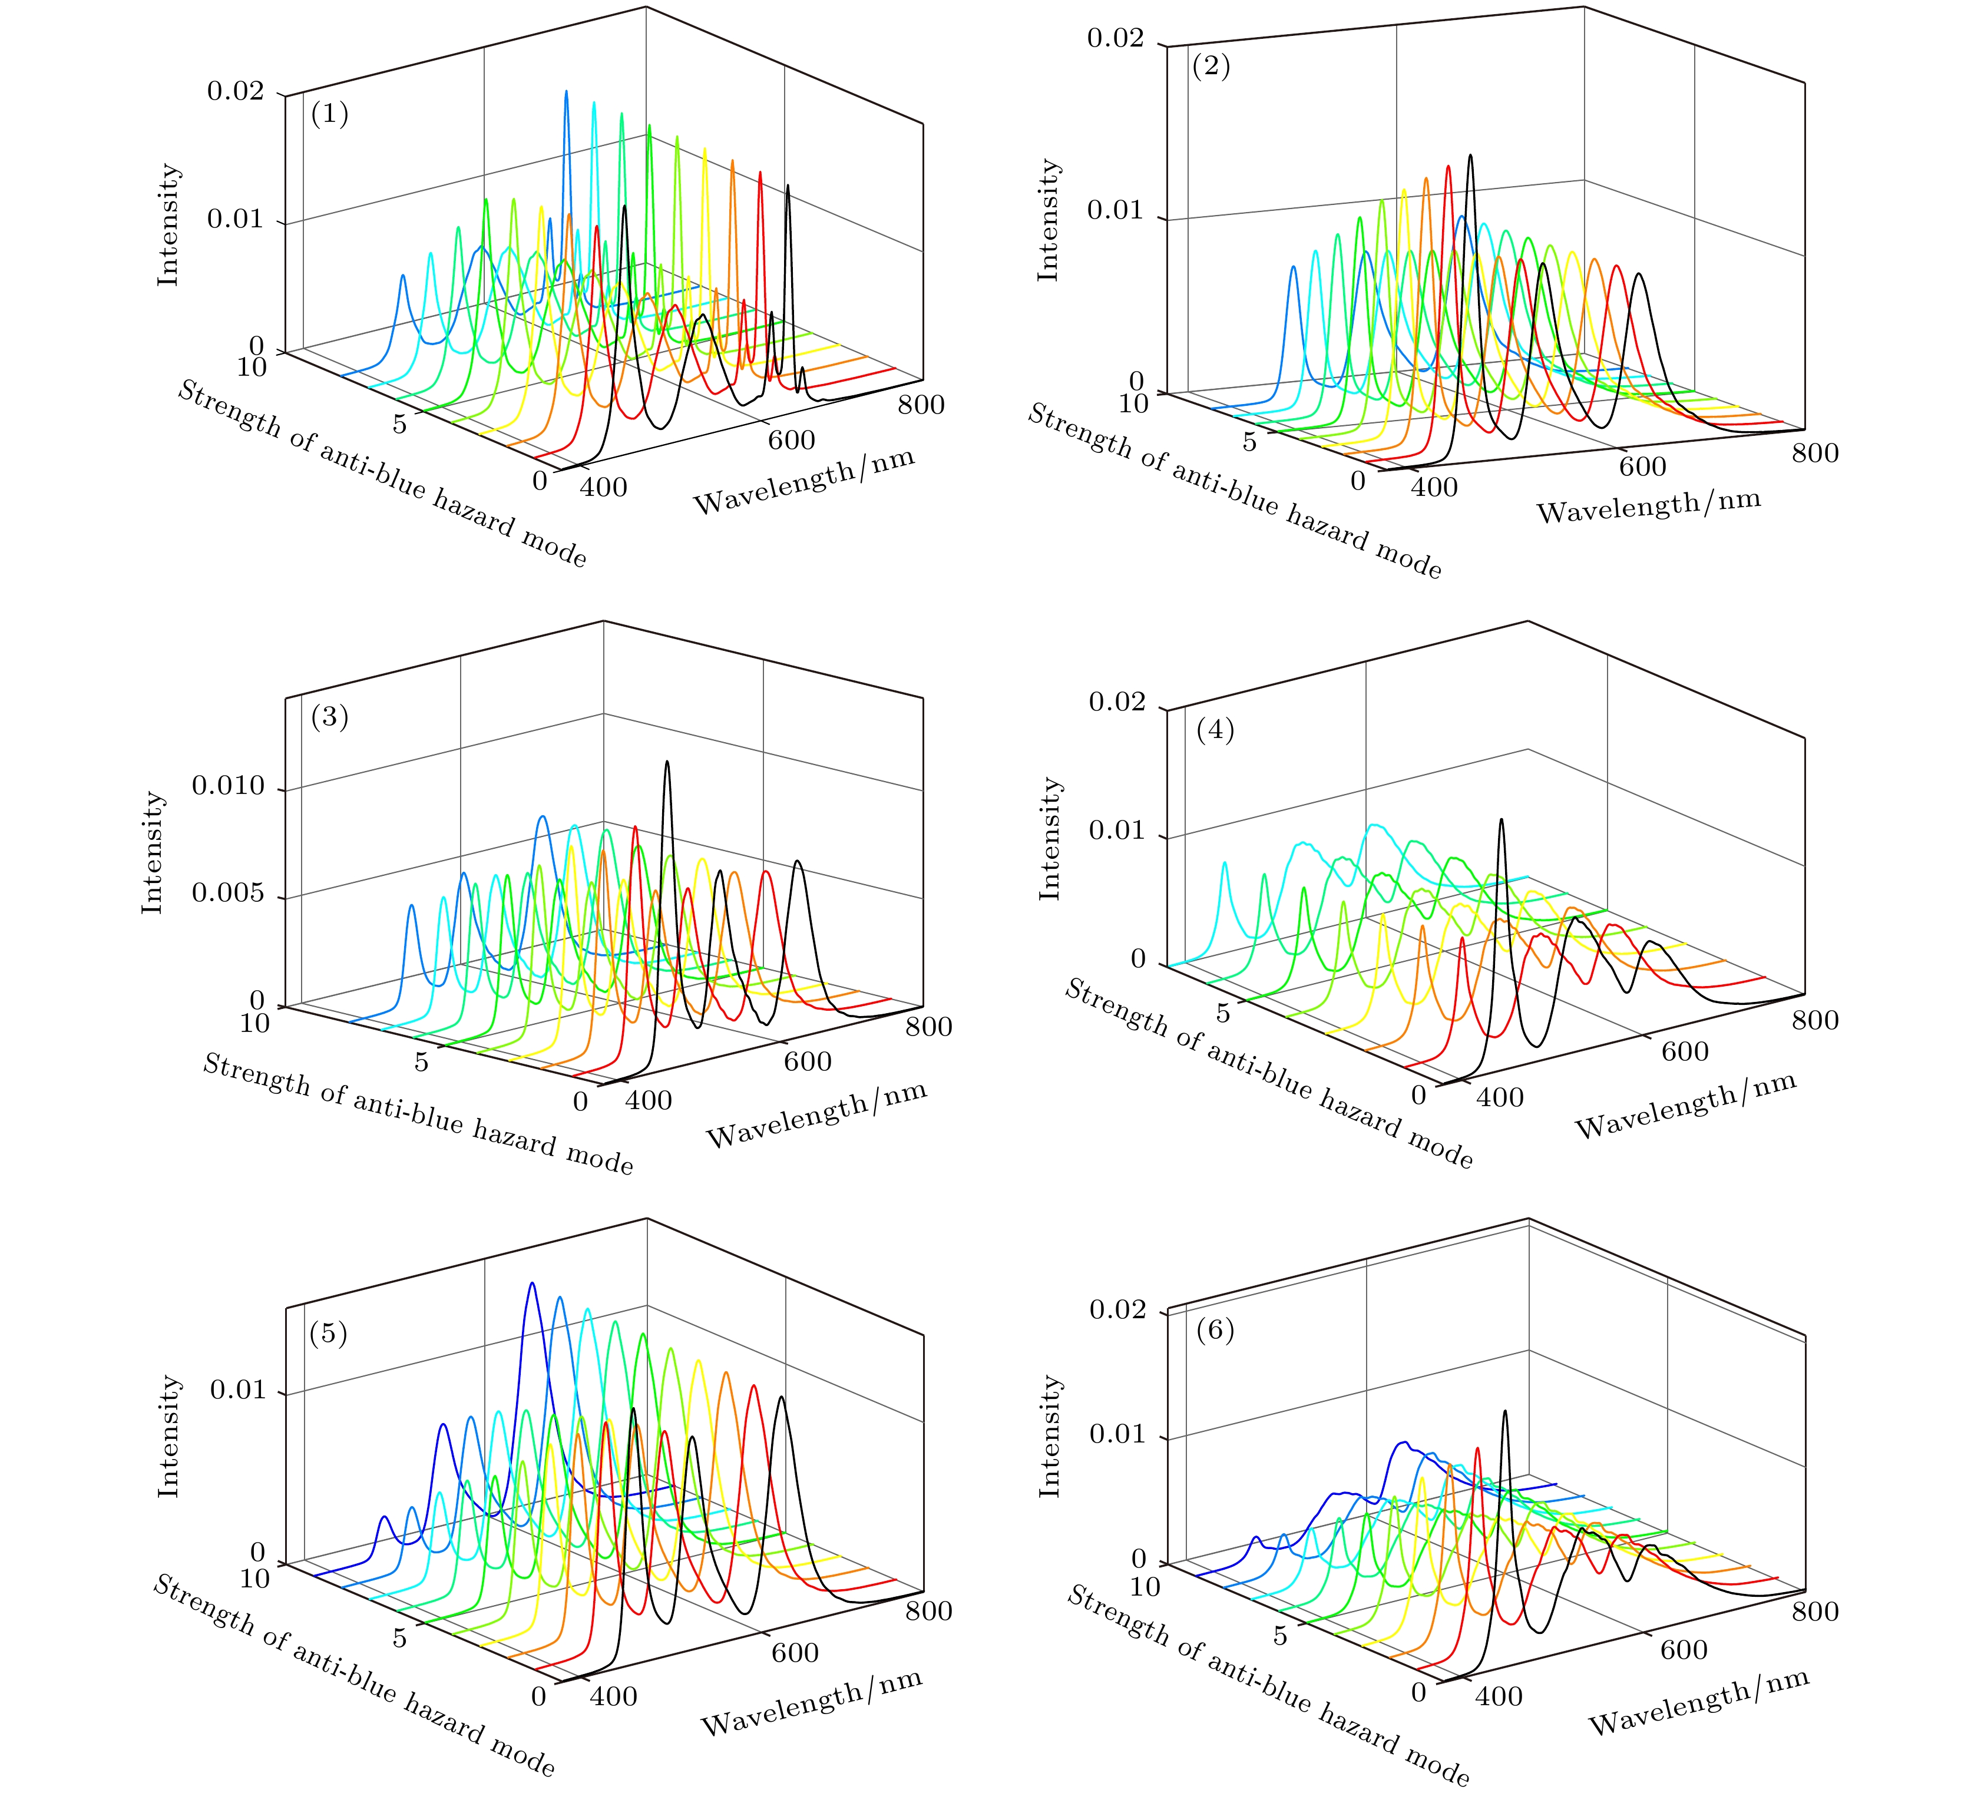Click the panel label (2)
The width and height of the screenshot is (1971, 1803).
click(1211, 68)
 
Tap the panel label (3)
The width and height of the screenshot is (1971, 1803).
click(329, 717)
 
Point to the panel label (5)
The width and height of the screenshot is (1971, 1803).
click(329, 1334)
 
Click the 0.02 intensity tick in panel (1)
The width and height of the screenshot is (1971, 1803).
click(236, 92)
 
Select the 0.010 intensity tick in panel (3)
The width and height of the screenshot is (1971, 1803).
click(228, 786)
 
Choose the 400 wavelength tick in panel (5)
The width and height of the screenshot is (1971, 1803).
click(614, 1695)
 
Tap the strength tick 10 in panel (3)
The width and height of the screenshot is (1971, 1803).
click(255, 1023)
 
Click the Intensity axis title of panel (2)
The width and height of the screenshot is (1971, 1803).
click(1048, 220)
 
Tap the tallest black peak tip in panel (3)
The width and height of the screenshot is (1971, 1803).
click(667, 762)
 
